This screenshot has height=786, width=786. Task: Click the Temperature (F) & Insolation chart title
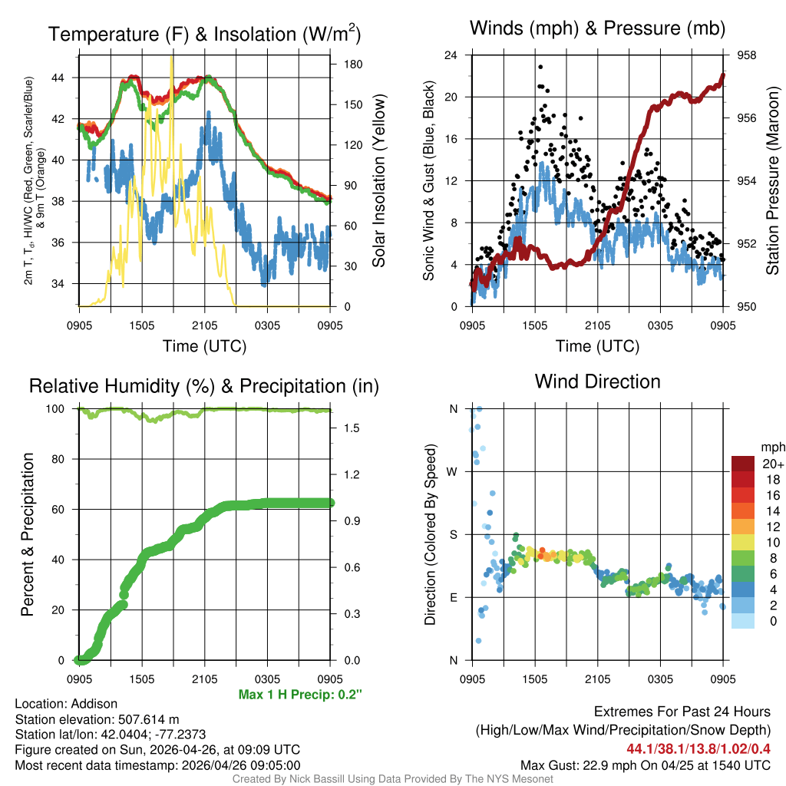[x=204, y=34]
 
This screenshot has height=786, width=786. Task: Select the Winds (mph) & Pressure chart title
[x=597, y=29]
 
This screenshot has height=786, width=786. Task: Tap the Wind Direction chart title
[x=597, y=381]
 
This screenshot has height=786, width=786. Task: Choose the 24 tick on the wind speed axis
[x=451, y=55]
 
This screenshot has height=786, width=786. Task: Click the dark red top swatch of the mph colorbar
[x=743, y=464]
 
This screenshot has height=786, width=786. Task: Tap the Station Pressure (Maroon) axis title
[x=773, y=180]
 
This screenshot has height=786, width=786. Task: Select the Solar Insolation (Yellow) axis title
[x=378, y=181]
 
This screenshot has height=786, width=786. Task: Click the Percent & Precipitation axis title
[x=28, y=534]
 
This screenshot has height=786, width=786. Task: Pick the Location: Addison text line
[x=66, y=704]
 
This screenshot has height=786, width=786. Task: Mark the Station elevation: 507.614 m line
[x=97, y=719]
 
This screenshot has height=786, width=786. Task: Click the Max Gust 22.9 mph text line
[x=645, y=765]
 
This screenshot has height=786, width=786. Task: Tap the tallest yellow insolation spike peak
[x=171, y=58]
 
